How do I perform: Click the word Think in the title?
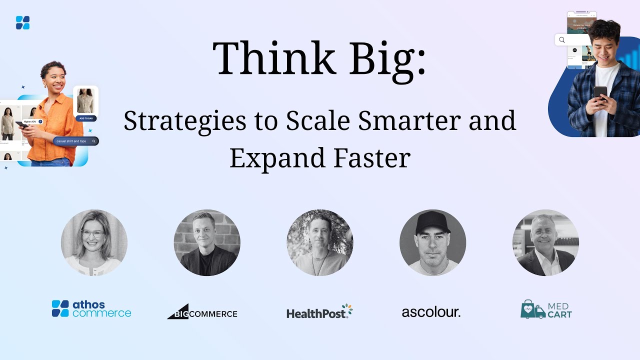tap(274, 58)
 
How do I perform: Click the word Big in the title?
tap(387, 58)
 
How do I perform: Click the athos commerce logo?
tap(91, 309)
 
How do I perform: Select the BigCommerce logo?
tap(202, 312)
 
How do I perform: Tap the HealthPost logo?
tap(319, 311)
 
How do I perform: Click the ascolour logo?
tap(431, 312)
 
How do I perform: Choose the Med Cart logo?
tap(546, 309)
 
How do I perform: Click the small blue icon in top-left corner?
tap(22, 22)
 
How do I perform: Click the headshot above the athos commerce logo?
tap(94, 242)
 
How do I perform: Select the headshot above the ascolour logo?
tap(432, 242)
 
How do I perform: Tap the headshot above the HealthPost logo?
tap(320, 242)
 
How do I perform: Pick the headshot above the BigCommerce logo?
tap(207, 242)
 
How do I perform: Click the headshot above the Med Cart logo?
tap(545, 242)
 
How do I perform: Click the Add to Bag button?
tap(85, 118)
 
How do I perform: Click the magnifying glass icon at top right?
tap(562, 40)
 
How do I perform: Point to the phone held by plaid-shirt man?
tap(600, 92)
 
